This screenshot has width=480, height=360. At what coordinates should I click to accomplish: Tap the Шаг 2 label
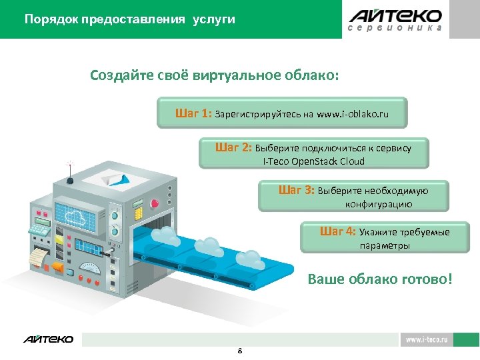(x=233, y=147)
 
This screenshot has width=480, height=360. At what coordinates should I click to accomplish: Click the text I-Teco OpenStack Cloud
(x=314, y=161)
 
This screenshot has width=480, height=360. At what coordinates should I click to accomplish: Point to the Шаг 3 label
(x=296, y=190)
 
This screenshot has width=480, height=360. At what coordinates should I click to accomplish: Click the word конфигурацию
(x=379, y=204)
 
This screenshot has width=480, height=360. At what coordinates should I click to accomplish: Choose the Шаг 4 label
(x=338, y=231)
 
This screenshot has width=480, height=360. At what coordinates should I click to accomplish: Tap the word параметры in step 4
(x=385, y=245)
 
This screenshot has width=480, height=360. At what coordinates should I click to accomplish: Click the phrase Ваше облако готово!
(x=379, y=279)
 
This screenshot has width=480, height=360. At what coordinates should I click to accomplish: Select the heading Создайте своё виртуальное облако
(x=215, y=75)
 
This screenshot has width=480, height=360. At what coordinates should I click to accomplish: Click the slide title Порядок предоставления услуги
(x=129, y=19)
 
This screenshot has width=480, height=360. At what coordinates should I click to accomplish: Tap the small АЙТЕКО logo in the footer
(x=49, y=339)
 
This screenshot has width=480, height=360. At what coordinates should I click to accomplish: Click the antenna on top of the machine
(x=69, y=170)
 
